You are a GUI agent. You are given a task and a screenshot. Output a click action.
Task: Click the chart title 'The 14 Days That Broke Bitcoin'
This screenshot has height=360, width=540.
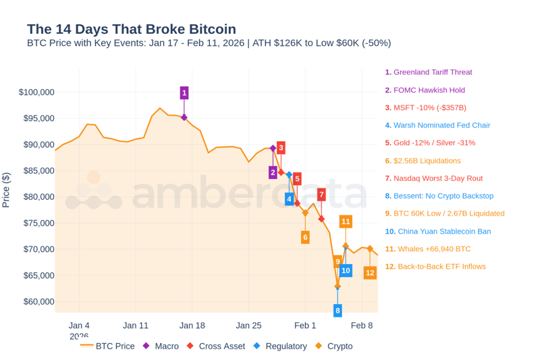pos(131,29)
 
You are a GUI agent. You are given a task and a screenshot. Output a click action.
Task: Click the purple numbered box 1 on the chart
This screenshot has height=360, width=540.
pos(184,93)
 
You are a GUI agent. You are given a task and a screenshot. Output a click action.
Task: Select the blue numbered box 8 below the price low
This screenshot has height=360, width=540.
pos(337,310)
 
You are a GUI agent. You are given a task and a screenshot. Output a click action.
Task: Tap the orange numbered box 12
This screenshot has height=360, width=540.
pos(370,273)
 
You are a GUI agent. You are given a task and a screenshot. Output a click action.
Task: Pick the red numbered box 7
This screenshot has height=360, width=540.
pos(321,195)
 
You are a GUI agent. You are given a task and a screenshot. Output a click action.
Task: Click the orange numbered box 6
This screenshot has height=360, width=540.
pos(305,237)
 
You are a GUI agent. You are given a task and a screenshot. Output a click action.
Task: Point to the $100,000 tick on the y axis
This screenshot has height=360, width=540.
pos(36,92)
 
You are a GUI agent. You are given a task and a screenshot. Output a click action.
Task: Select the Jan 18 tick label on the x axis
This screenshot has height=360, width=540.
pos(192,326)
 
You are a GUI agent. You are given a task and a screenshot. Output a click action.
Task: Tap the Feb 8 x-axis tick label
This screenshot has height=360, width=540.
pos(361,326)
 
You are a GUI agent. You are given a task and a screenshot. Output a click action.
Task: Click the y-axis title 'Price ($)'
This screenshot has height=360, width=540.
pos(6,190)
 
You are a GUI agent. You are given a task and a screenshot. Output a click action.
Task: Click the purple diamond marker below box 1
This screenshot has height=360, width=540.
pos(184,118)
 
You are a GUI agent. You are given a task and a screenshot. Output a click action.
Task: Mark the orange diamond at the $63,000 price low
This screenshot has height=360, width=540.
pos(337,286)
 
